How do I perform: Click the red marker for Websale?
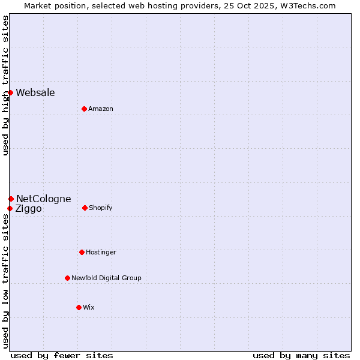click(10, 92)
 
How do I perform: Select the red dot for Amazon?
click(84, 109)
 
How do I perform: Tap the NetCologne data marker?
click(11, 199)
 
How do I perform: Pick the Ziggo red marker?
click(10, 208)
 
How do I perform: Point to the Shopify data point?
click(85, 208)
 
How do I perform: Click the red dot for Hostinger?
click(82, 252)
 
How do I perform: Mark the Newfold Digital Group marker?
click(67, 278)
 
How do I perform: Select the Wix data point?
click(79, 307)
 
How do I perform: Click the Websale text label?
click(35, 92)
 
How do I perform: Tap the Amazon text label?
click(101, 109)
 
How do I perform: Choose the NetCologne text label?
click(43, 199)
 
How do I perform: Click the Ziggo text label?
click(29, 209)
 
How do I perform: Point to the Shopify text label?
click(101, 208)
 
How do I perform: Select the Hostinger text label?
click(101, 252)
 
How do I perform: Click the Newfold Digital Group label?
click(106, 278)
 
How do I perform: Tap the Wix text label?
click(89, 307)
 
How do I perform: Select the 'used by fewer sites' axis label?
click(62, 355)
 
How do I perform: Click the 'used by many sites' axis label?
click(301, 355)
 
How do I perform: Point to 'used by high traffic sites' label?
click(5, 85)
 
